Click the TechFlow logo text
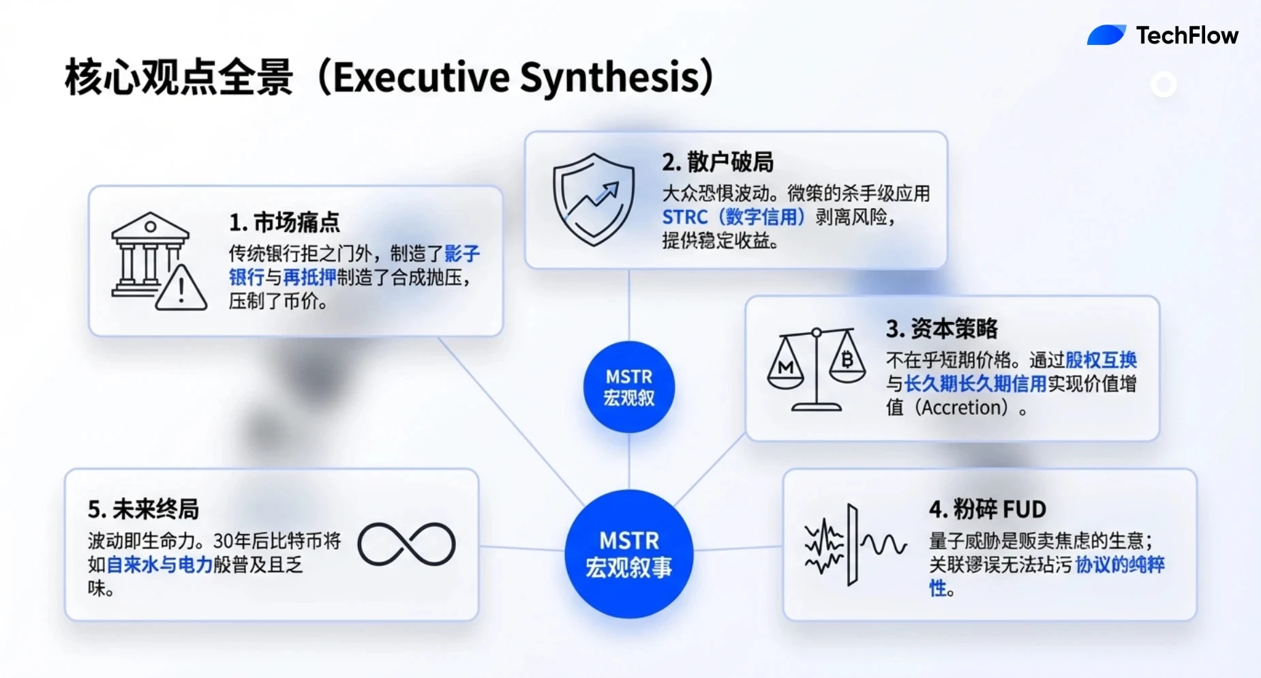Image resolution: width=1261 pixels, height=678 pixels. point(1187,35)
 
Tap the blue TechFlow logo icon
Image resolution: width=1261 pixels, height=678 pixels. point(1106,35)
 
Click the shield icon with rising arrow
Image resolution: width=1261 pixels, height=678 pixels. point(594,198)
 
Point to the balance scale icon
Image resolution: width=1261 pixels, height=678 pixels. point(816,369)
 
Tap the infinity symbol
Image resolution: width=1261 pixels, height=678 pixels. point(406,544)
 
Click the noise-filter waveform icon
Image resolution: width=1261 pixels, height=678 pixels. point(855,545)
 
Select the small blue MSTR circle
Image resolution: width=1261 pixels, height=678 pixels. point(628,387)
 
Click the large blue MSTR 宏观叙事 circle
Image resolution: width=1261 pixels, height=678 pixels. point(628,554)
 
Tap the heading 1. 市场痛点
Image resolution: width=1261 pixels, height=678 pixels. point(284,222)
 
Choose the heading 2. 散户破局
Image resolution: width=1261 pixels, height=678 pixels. point(718,162)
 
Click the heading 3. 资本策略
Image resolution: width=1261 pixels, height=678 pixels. point(941,329)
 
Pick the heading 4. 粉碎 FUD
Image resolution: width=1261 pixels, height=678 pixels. point(987,510)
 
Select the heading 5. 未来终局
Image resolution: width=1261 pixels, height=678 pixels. point(143,510)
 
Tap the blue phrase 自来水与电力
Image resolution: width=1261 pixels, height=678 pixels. point(160,565)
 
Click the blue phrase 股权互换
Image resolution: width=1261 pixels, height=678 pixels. point(1101,360)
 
